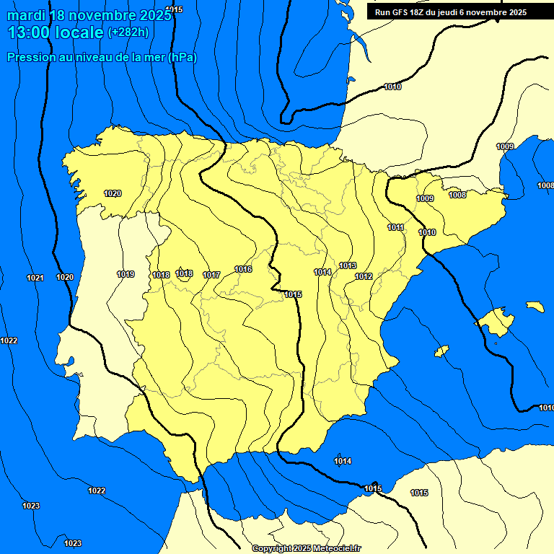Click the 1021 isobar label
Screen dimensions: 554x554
tap(35, 278)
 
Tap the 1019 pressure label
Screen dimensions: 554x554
tap(126, 274)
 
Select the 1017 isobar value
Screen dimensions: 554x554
tap(211, 275)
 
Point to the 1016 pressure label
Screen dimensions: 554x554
tap(243, 269)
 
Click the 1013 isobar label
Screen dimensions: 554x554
tap(348, 265)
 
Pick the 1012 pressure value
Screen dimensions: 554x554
tap(364, 276)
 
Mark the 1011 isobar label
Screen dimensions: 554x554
tap(395, 227)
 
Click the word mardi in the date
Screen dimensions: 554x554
tap(25, 14)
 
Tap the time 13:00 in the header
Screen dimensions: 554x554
tap(29, 32)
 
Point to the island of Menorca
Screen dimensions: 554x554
tap(535, 307)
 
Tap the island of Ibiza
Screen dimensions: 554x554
tap(441, 351)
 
